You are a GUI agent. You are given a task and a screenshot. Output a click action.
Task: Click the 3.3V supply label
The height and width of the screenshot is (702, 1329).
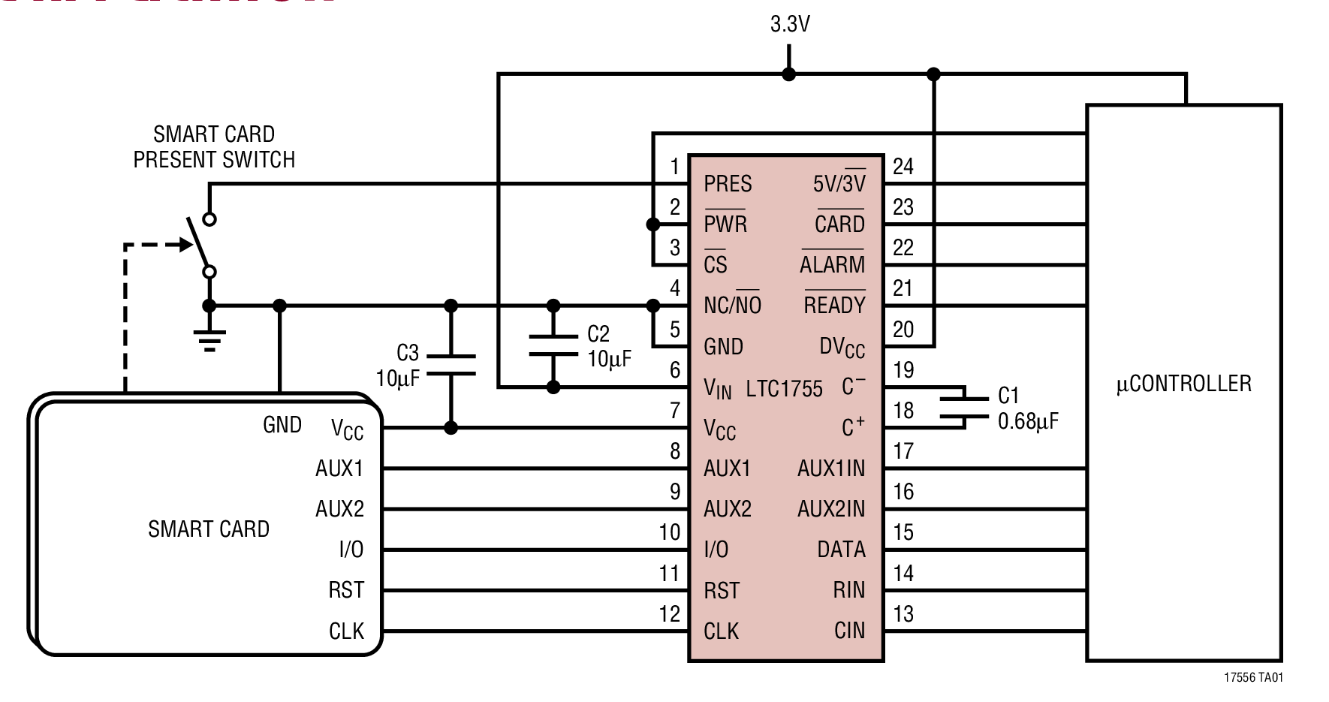point(789,25)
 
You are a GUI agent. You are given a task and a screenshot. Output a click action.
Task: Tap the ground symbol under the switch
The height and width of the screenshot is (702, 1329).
point(210,339)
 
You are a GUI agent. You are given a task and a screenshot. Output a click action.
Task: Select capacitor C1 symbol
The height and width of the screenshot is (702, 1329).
point(965,408)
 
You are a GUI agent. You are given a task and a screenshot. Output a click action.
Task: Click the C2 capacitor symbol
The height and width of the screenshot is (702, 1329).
point(553,346)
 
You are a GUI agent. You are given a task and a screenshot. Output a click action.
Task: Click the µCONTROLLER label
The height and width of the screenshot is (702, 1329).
point(1183,384)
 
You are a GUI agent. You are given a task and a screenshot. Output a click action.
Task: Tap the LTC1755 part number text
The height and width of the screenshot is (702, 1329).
point(784,389)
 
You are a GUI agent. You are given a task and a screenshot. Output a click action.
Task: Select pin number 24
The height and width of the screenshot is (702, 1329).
point(903,167)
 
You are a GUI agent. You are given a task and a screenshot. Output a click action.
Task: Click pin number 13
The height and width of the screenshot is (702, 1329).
point(903,614)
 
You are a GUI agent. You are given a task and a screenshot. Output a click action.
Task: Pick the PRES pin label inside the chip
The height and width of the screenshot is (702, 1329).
point(727,184)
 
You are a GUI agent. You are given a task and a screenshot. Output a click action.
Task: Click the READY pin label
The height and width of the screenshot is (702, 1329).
point(834,306)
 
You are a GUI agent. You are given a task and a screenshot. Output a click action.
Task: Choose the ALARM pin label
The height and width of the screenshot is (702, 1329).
point(832,265)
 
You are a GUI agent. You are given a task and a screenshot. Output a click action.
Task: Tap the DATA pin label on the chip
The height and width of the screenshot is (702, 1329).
point(841,550)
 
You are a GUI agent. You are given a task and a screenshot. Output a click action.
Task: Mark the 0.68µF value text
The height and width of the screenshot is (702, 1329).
point(1027,421)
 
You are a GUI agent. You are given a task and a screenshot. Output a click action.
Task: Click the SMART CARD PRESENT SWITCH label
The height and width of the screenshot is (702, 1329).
point(214,147)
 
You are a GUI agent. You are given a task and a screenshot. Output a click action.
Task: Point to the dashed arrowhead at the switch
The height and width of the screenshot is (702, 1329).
point(185,245)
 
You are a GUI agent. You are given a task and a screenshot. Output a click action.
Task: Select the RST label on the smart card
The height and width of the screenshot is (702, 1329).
point(345,590)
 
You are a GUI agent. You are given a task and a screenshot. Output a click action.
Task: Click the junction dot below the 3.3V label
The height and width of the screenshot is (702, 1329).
point(788,74)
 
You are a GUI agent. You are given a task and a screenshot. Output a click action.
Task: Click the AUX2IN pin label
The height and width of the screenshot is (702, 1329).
point(830,509)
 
